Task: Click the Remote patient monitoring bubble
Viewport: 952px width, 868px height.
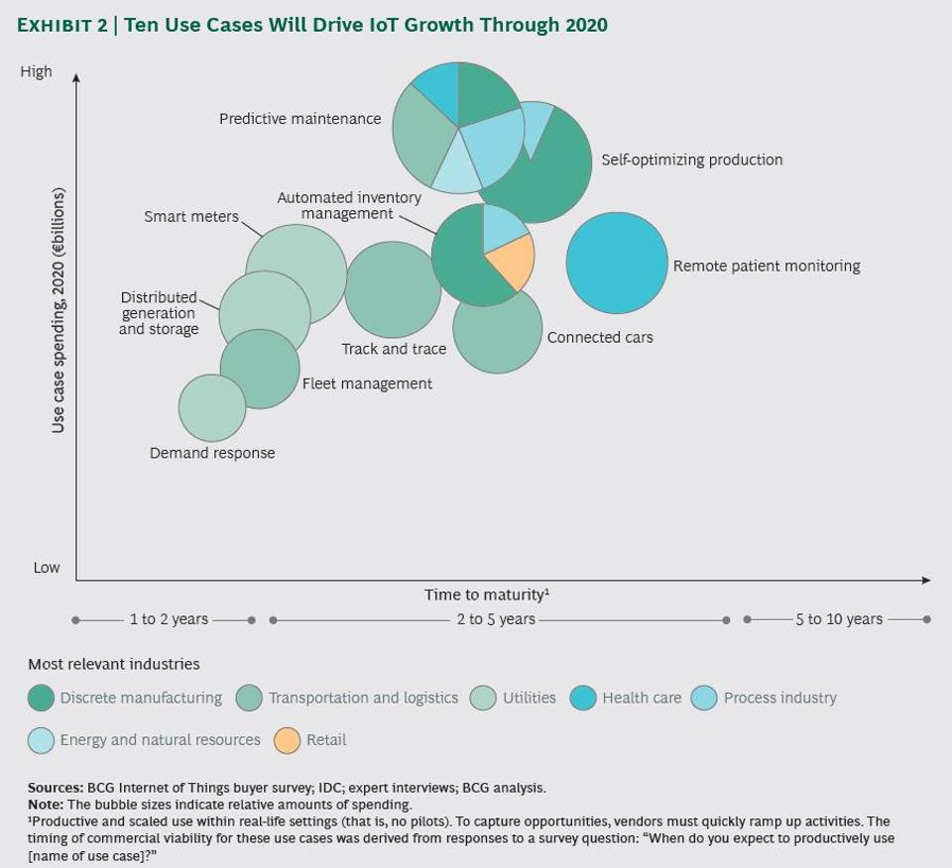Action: pos(617,263)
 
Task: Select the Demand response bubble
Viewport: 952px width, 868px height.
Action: pos(212,407)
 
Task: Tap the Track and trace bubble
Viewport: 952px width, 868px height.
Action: pos(393,289)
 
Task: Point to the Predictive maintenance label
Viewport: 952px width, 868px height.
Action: pos(299,119)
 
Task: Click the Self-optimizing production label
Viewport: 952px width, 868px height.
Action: pos(691,160)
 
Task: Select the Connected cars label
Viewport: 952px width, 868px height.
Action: pos(600,337)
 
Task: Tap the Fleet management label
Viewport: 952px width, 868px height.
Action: pos(367,383)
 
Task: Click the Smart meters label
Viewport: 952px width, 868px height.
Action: pos(191,216)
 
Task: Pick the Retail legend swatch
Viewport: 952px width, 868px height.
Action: pos(288,740)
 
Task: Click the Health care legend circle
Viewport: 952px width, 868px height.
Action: pos(583,698)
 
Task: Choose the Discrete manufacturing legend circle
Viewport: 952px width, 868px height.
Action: pos(41,698)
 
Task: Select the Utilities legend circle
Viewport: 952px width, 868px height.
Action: pos(484,698)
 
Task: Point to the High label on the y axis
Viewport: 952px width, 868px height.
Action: pos(36,71)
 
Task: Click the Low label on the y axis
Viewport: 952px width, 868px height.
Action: pos(47,568)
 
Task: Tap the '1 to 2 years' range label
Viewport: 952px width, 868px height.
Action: pos(169,619)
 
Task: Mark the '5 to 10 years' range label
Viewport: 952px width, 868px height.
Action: pos(838,619)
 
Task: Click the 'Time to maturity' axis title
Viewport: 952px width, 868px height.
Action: pos(486,595)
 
